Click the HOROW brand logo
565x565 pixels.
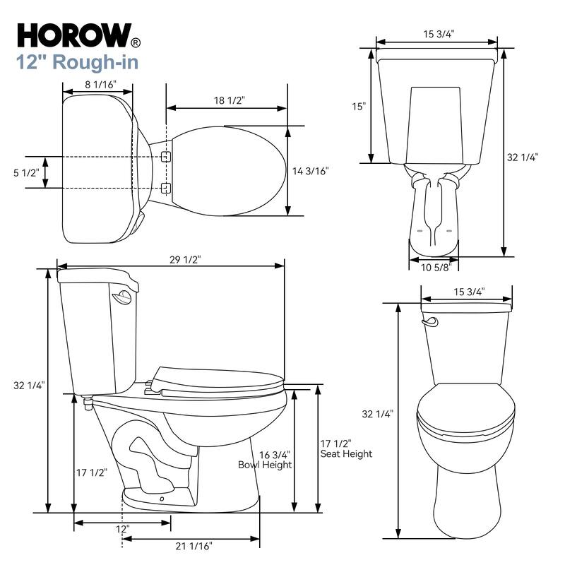tap(73, 35)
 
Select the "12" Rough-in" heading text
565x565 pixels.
tap(77, 61)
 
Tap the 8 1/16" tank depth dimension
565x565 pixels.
tap(100, 83)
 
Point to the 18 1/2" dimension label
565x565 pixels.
tap(229, 100)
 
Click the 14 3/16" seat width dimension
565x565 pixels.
tap(310, 170)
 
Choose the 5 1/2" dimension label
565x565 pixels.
tap(26, 172)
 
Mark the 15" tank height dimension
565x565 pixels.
tap(359, 107)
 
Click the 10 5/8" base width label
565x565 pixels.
tap(434, 267)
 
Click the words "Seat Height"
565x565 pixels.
tap(346, 454)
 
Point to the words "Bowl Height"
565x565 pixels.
tap(264, 465)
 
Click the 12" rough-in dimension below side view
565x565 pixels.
tap(123, 529)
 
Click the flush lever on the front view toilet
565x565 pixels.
tap(429, 322)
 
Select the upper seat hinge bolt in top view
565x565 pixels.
tap(166, 156)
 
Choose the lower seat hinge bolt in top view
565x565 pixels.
tap(166, 187)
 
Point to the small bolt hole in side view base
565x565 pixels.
tap(162, 499)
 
